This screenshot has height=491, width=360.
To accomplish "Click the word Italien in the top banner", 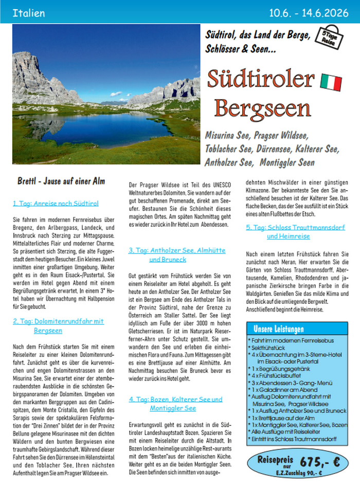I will point(28,12).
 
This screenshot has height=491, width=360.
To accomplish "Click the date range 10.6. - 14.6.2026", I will point(309,12).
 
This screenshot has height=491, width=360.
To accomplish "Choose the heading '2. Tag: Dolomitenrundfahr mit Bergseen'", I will point(58,326).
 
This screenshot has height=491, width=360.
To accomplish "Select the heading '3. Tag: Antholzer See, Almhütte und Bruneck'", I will point(177,255).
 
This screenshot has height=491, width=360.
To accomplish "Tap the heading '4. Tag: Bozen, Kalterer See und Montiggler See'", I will point(175,404).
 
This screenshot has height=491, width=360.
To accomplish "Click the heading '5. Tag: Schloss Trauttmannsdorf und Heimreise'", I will point(295,231).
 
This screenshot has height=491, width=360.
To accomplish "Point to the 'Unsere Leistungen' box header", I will point(279,329).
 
